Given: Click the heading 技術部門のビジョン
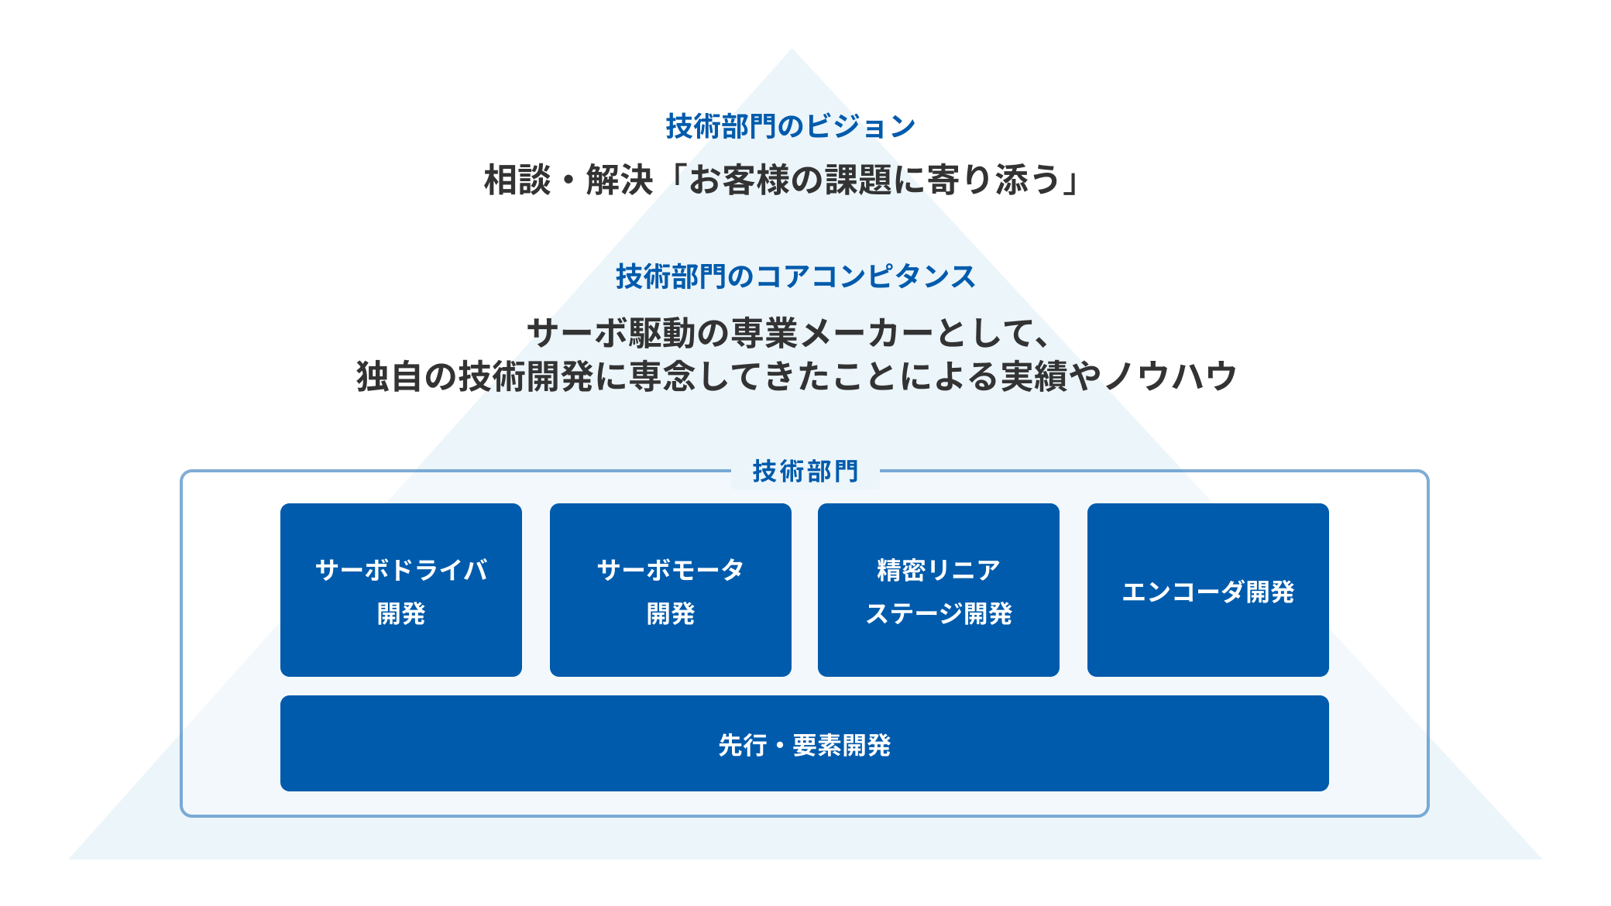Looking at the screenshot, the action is point(791,126).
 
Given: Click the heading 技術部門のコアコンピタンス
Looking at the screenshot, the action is point(795,276).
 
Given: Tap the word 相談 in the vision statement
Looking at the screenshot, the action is point(517,180).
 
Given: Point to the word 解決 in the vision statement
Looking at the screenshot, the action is point(620,180).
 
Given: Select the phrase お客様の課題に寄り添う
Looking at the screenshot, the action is point(874,180).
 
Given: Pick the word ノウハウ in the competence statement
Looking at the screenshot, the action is point(1170,377).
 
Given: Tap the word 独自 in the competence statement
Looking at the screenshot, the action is point(390,377).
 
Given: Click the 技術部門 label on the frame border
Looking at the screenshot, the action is point(805,471).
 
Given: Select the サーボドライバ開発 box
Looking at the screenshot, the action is point(401,590).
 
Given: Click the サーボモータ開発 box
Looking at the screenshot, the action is point(671,590).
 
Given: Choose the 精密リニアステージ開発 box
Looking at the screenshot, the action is point(939,590).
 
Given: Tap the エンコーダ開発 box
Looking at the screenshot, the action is point(1208,590).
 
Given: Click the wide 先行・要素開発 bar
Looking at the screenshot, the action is point(805,743).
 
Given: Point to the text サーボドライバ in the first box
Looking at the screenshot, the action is point(401,570).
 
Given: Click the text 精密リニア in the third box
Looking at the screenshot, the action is point(939,570).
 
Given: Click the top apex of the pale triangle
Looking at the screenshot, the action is point(792,50).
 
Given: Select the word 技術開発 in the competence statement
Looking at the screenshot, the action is point(526,377).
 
